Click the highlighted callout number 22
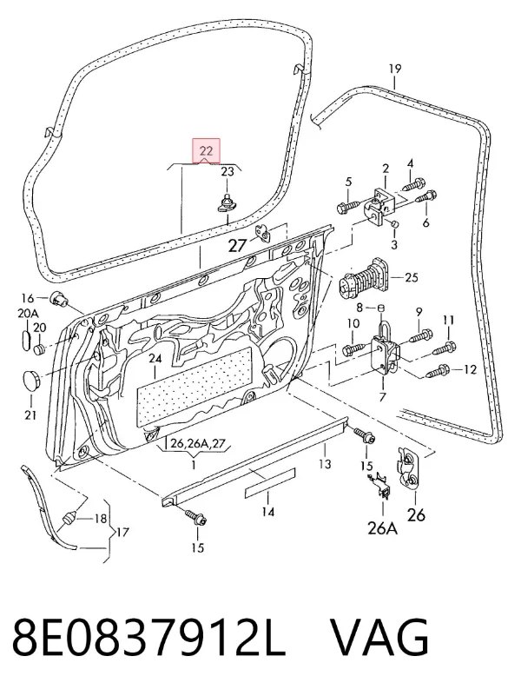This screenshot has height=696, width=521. coord(206,150)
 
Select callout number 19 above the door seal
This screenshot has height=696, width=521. coord(394,69)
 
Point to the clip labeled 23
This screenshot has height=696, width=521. coord(228,202)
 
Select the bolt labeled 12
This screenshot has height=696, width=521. coord(439,369)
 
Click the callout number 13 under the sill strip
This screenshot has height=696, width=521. coord(325,464)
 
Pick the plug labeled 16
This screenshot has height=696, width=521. coord(58,299)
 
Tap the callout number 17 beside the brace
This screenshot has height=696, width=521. coord(122,531)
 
